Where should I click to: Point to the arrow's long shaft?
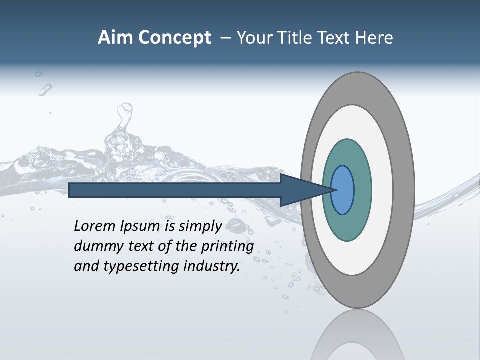175,190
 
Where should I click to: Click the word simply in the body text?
200,226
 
